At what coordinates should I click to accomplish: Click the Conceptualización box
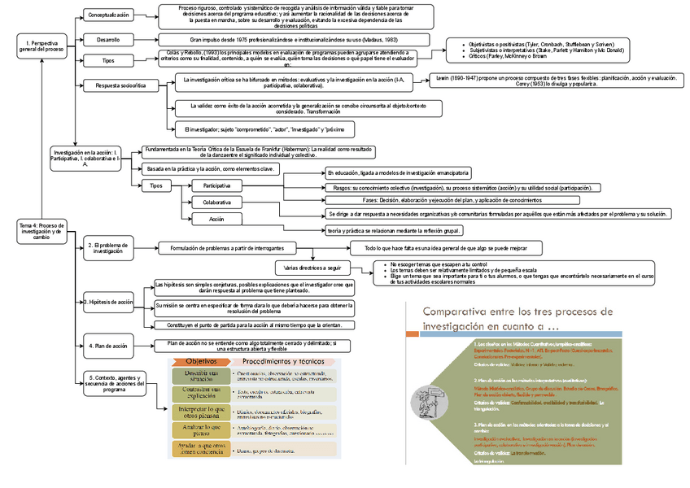pos(108,15)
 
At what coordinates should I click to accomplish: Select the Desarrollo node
pos(108,39)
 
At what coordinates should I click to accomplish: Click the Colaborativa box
pos(216,203)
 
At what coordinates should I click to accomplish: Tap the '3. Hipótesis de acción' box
pos(109,302)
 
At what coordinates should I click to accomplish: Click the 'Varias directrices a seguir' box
pos(312,267)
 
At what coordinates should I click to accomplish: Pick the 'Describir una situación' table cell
pos(195,376)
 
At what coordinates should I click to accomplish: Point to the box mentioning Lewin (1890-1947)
pos(559,80)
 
